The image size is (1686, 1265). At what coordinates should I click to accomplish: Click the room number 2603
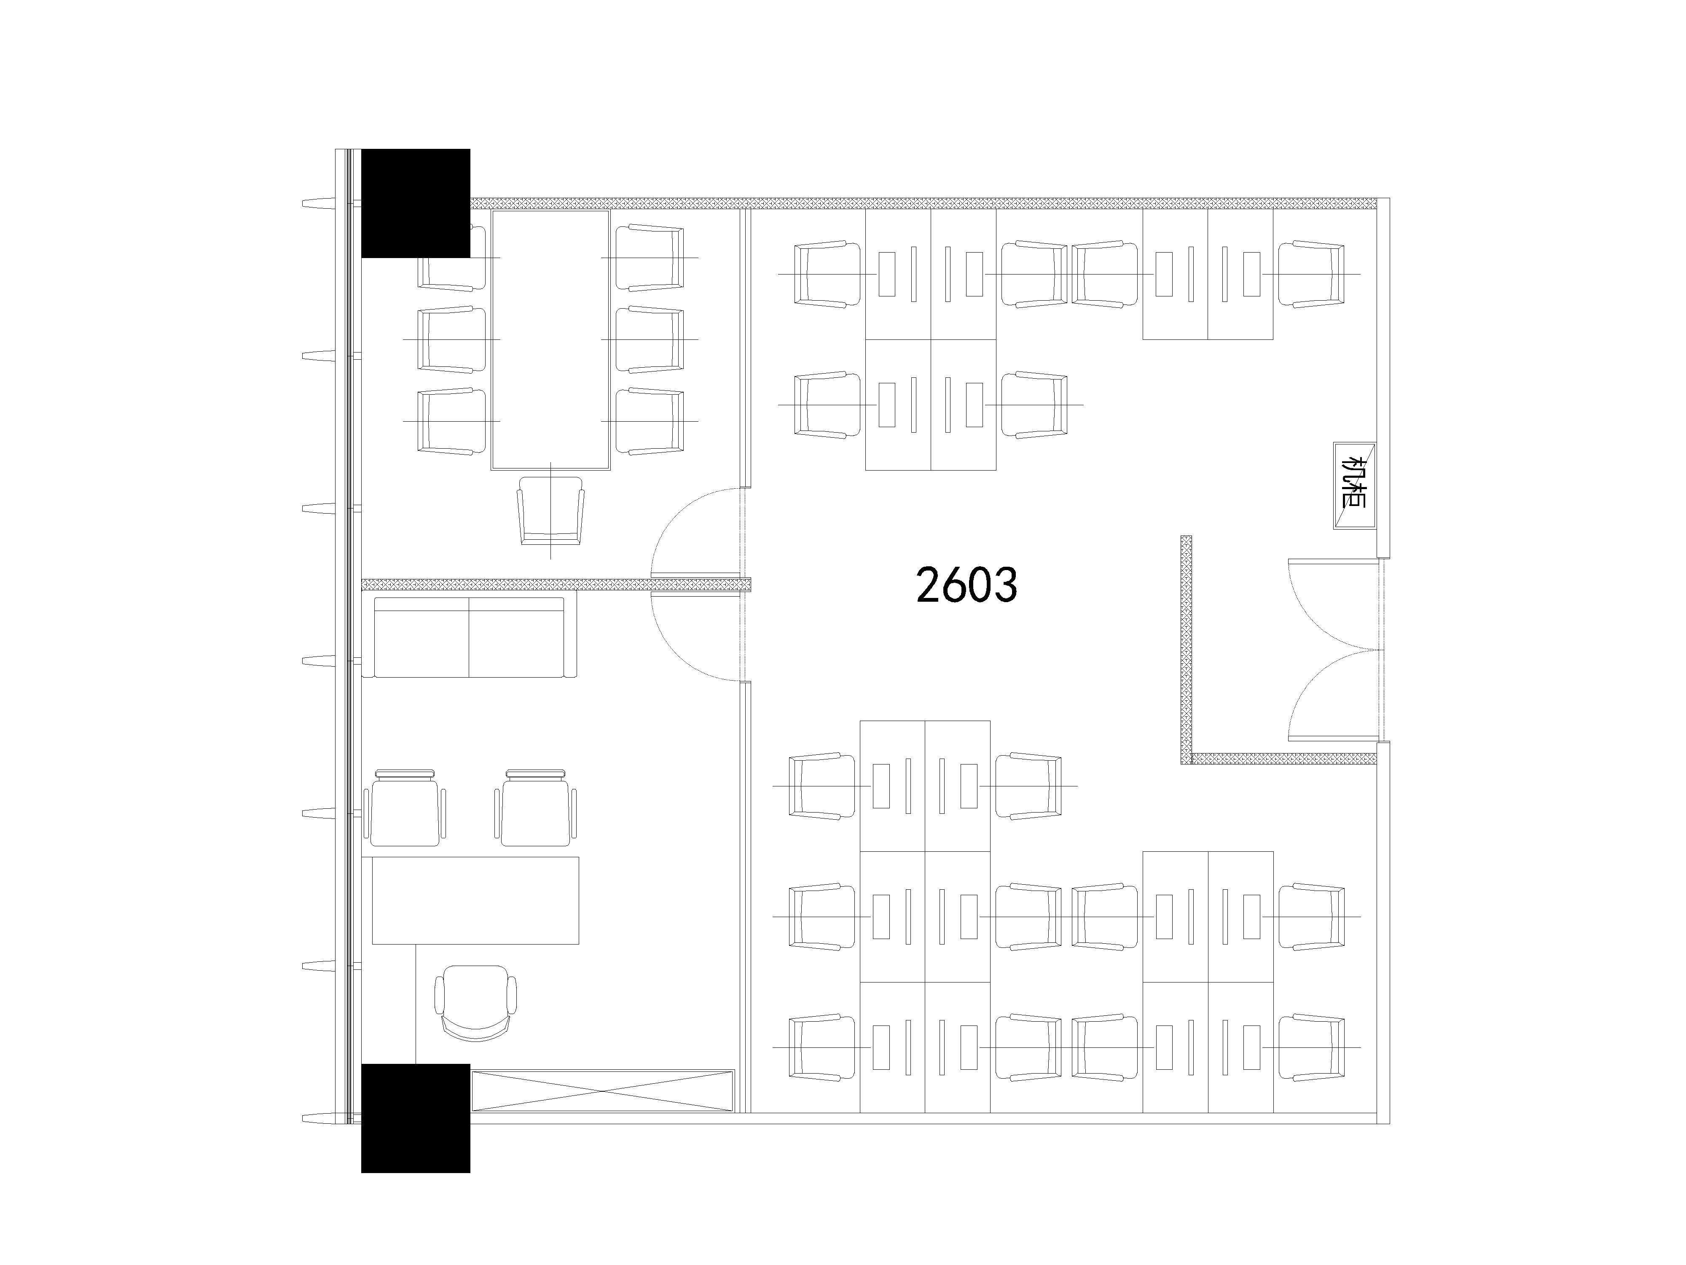966,585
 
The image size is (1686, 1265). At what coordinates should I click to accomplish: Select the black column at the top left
416,203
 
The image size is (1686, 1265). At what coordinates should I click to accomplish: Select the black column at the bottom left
416,1118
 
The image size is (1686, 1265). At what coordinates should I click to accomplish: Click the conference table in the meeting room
550,339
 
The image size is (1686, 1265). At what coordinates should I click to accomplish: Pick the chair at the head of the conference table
550,511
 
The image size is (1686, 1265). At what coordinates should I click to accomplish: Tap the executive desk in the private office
475,900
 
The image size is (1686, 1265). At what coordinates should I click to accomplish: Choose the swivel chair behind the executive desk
475,1003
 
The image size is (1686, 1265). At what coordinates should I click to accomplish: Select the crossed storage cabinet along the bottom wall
602,1090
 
